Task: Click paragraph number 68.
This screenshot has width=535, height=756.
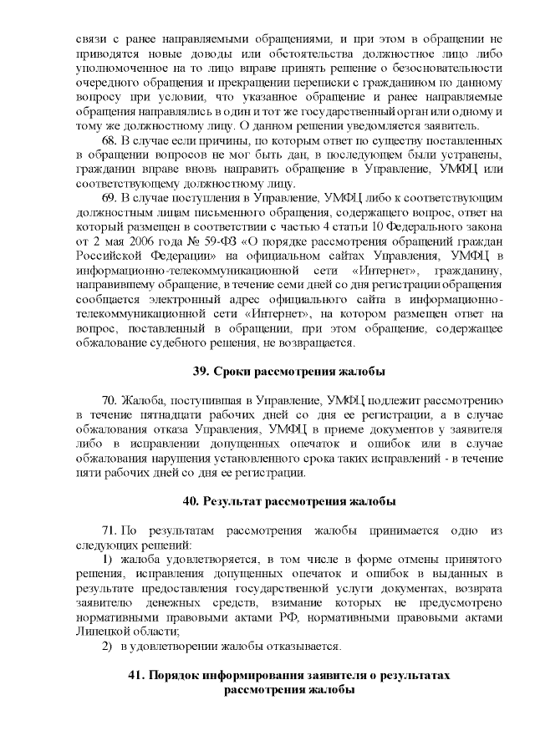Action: [109, 140]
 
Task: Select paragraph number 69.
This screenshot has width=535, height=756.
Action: [109, 198]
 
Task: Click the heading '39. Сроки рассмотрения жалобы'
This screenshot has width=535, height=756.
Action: [289, 369]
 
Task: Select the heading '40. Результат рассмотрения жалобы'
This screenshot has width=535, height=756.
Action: [289, 501]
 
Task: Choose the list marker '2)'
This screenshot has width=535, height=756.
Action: [107, 647]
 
